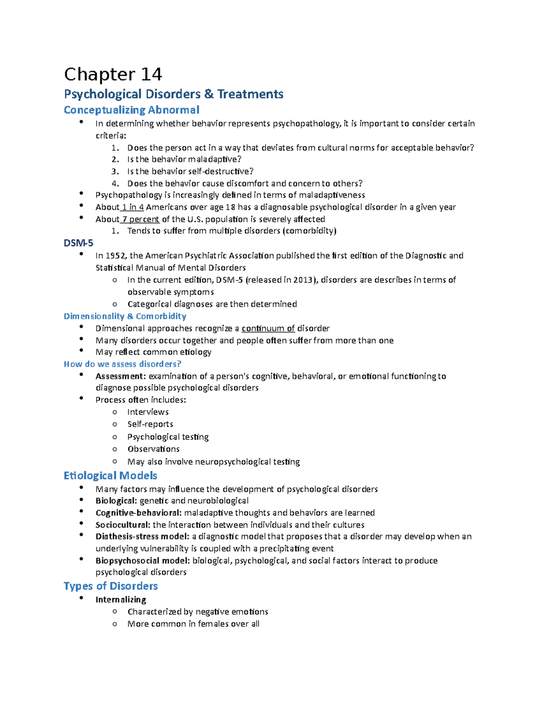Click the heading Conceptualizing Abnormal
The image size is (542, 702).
coord(131,110)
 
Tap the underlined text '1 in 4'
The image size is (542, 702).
coord(133,207)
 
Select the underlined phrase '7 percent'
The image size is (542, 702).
coord(140,219)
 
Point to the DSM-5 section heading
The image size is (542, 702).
coord(79,243)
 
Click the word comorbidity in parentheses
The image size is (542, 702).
coord(309,231)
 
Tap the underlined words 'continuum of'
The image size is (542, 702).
coord(268,328)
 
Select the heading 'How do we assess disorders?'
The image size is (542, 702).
coord(122,364)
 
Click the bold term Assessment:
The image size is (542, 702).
coord(121,376)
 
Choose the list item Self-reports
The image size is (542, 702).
coord(150,424)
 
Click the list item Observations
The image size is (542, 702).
coord(154,449)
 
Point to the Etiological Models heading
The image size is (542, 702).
coord(110,476)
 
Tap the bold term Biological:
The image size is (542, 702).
coord(116,501)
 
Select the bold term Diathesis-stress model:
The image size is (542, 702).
coord(142,537)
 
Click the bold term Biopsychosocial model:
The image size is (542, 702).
coord(143,561)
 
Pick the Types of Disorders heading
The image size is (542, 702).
coord(111,586)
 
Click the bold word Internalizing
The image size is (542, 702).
coord(121,600)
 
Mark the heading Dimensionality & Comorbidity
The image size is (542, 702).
coord(125,316)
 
